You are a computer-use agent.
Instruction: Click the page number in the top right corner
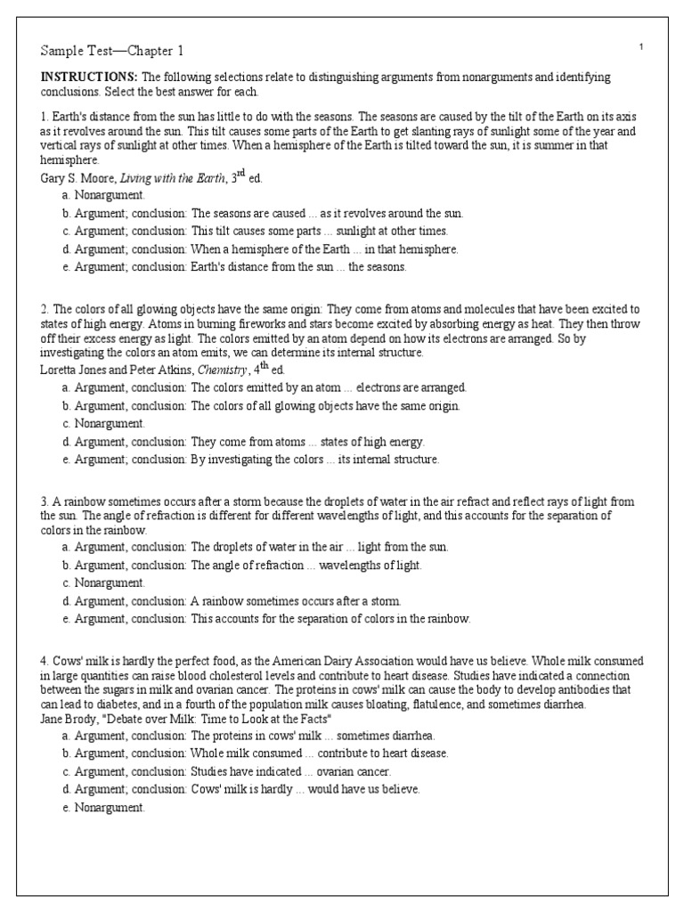641,45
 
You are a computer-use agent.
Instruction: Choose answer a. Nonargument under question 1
104,194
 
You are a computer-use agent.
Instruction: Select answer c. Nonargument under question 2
104,423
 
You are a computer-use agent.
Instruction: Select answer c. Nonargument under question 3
104,582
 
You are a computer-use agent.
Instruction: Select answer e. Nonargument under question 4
104,807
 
